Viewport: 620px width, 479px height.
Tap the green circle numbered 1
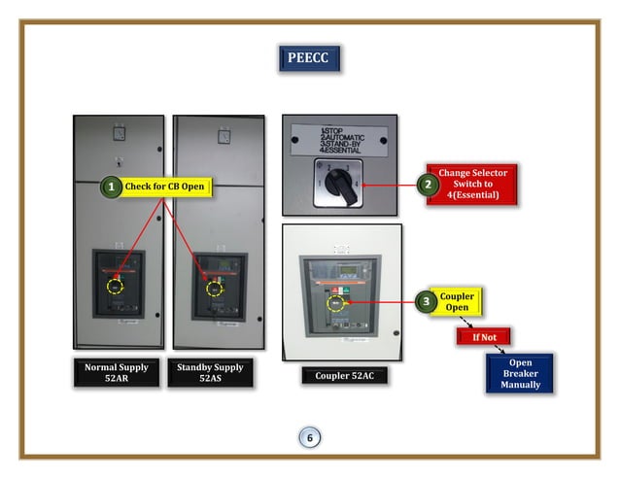113,186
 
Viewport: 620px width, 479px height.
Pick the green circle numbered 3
426,301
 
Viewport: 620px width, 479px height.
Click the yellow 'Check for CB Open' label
165,186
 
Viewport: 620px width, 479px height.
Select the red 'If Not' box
483,337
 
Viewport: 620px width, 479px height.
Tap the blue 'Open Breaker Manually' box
520,374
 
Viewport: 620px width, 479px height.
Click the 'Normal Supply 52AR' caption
116,374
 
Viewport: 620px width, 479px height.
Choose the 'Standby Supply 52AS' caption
211,374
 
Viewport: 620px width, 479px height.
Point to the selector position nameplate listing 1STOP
340,139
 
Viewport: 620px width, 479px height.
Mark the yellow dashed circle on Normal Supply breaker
116,288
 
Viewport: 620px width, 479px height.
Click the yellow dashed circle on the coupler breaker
337,303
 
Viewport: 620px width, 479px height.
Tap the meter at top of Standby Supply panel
224,136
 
